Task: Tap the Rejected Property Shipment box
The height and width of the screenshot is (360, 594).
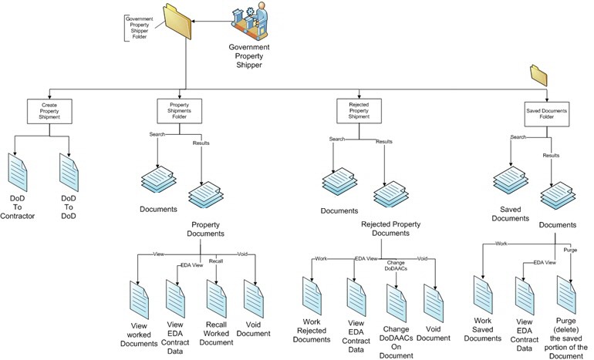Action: (358, 111)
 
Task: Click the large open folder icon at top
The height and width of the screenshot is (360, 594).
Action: (177, 23)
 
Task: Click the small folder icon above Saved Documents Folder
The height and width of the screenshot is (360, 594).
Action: (538, 76)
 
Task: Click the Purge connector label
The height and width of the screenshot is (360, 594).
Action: (570, 251)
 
